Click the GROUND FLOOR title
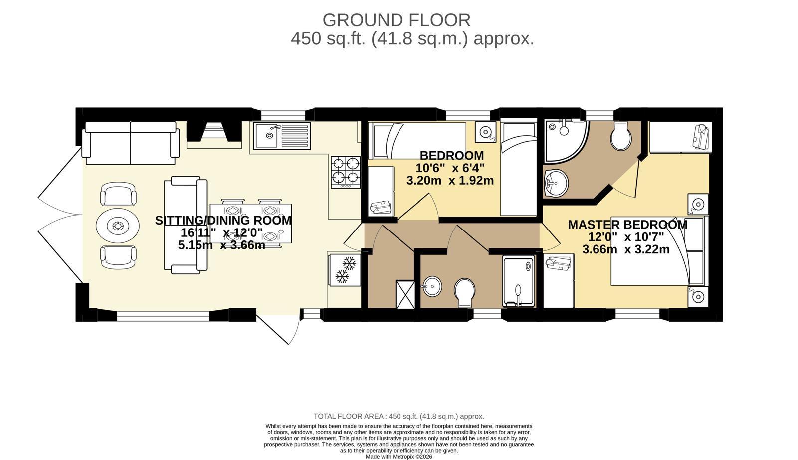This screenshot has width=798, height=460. pos(397,20)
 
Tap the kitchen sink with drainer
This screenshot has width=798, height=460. pos(282,135)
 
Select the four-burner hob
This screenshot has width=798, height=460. pos(346,172)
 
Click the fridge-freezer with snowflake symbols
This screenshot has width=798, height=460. pos(345,269)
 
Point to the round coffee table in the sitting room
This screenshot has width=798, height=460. pos(118,226)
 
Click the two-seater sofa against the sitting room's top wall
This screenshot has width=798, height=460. pos(131,143)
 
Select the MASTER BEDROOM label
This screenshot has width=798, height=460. pos(627,225)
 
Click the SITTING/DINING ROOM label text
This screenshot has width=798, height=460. pos(223,220)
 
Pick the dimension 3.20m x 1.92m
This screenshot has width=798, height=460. pos(450,181)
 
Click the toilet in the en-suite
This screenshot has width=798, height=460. pos(621,136)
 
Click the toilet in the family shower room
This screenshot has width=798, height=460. pos(464,292)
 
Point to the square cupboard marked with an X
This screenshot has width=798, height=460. pos(404,295)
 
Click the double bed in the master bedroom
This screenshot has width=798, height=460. pos(653,251)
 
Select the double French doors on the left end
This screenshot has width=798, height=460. pos(59,215)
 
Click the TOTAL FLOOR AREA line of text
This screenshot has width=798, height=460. pos(399,416)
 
